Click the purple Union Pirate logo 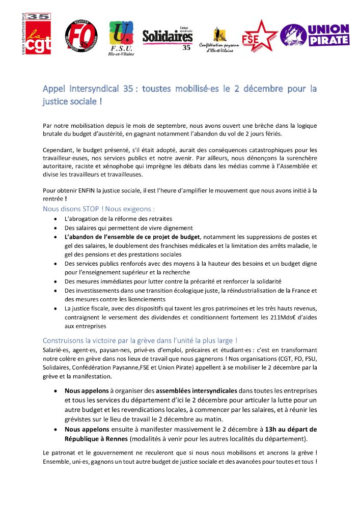[x=315, y=35]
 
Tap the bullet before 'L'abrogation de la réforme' [x=56, y=219]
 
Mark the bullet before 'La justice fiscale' [x=56, y=308]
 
